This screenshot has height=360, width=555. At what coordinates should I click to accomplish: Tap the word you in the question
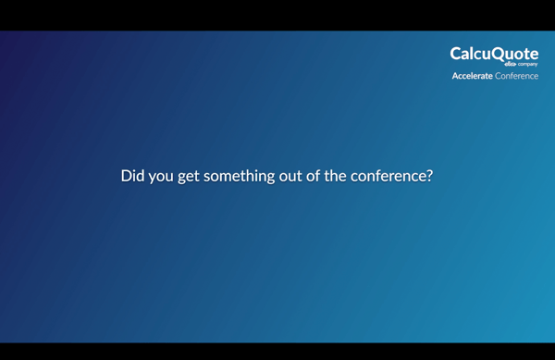click(x=163, y=176)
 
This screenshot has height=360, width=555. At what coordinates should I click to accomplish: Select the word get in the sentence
click(x=191, y=176)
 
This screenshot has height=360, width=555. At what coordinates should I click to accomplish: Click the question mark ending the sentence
click(x=428, y=176)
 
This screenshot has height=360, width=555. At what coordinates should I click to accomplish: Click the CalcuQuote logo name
click(x=494, y=54)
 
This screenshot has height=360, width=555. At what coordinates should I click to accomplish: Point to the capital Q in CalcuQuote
click(x=498, y=54)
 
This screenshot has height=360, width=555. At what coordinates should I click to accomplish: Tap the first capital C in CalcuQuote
click(x=456, y=54)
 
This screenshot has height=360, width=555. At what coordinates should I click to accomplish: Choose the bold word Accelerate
click(x=472, y=76)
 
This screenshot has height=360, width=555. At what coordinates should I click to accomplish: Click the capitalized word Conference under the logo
click(x=517, y=76)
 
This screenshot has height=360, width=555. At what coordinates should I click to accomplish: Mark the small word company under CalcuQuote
click(x=527, y=64)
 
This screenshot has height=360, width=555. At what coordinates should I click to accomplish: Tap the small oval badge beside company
click(x=510, y=64)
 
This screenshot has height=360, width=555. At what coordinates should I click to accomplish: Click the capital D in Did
click(x=126, y=176)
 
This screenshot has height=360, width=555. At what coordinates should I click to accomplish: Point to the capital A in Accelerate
click(x=455, y=76)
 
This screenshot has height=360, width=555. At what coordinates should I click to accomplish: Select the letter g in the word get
click(x=182, y=177)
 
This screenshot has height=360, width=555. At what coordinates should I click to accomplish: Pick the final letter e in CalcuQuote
click(x=534, y=55)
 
